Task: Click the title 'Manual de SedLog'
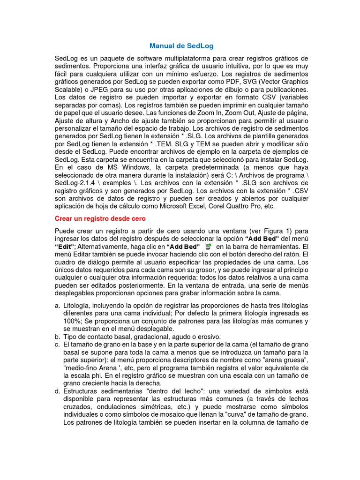coord(181,46)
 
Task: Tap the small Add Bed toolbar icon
coord(209,247)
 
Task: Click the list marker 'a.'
coord(57,306)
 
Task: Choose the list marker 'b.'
coord(57,337)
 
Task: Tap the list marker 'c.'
coord(57,344)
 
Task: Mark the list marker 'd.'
coord(57,390)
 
